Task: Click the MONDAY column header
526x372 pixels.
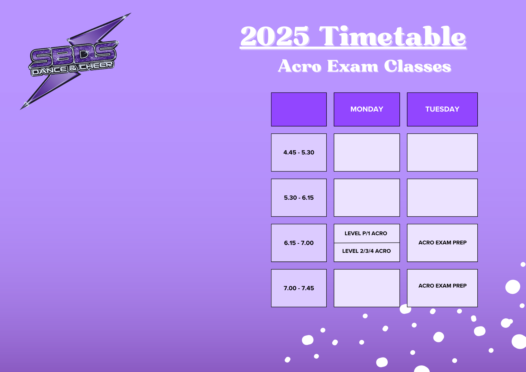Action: point(367,109)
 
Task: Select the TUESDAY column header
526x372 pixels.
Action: point(442,109)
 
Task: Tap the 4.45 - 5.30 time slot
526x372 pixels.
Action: point(299,152)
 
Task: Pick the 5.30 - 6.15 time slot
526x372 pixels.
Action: point(299,198)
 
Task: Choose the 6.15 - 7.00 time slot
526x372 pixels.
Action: point(299,243)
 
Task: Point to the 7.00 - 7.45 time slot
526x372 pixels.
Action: point(299,288)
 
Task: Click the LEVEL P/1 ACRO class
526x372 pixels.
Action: point(366,233)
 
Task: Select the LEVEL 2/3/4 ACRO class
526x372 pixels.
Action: point(366,251)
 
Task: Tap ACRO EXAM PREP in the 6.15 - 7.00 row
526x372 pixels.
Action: point(442,243)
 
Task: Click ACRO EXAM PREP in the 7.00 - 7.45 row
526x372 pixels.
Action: point(442,286)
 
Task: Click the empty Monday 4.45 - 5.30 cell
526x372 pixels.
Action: point(367,152)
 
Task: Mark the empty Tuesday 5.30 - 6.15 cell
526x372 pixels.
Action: point(442,198)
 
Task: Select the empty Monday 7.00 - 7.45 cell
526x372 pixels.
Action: point(367,288)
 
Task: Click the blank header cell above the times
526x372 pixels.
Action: point(299,109)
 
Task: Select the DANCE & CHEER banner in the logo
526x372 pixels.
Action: point(72,68)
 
